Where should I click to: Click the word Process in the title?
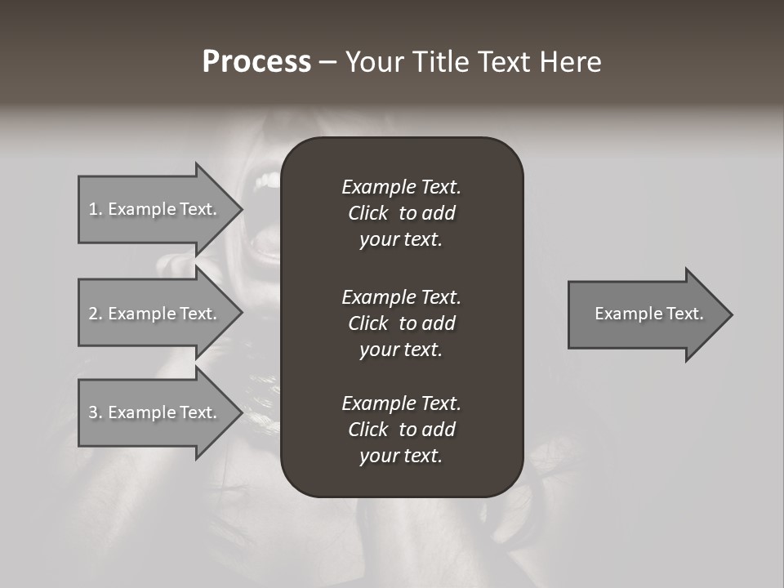[256, 62]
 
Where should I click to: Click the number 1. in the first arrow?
[95, 209]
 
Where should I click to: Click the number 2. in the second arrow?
[95, 314]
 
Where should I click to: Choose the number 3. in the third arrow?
[95, 412]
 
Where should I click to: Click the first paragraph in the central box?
[401, 213]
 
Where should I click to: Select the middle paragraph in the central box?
[401, 323]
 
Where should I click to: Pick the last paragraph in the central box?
[401, 430]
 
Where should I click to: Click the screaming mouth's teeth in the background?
[265, 180]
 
